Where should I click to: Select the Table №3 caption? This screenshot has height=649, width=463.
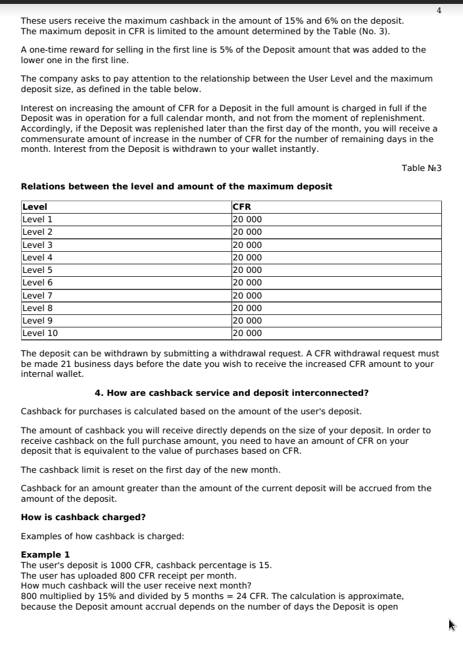tap(422, 168)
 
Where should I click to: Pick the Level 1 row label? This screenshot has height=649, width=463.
tap(37, 219)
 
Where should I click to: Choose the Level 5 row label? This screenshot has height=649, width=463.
tap(37, 270)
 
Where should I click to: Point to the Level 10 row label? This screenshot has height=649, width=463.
tap(40, 333)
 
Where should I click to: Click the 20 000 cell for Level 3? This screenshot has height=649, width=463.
tap(247, 245)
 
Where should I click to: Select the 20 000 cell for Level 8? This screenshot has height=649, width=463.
tap(247, 308)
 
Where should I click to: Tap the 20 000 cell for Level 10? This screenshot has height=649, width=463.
tap(247, 333)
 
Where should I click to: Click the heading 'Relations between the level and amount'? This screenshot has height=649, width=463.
tap(176, 186)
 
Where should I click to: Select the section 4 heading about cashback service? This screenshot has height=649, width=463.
tap(231, 393)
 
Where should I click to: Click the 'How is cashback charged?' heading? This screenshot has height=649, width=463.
tap(84, 517)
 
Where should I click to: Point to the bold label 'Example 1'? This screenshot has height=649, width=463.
tap(45, 554)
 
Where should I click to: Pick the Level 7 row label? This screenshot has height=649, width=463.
tap(37, 295)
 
